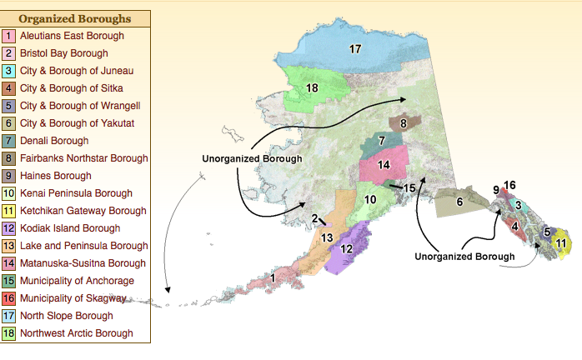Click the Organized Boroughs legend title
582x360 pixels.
(x=74, y=18)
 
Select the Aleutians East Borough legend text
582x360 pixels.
(x=72, y=36)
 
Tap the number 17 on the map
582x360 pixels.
(x=355, y=49)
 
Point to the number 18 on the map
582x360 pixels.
(x=313, y=87)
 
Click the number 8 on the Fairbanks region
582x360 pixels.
(x=403, y=123)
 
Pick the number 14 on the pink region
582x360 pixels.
(x=384, y=165)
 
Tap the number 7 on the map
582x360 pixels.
(x=381, y=141)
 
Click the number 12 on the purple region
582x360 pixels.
(x=348, y=248)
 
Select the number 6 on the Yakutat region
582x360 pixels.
(x=459, y=202)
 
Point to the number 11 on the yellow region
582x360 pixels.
(x=561, y=243)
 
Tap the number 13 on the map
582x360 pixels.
(x=328, y=237)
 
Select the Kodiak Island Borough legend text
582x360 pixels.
(x=71, y=228)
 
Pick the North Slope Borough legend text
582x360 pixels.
(x=68, y=316)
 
